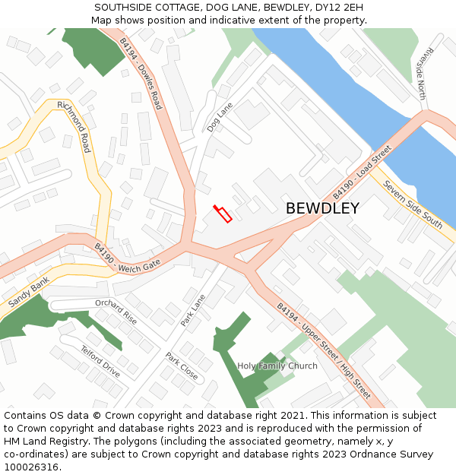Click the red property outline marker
point(223,214)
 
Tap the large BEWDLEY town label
point(322,208)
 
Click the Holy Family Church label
point(277,366)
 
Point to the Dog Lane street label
point(220,118)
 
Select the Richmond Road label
point(74,126)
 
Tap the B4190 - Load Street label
point(362,173)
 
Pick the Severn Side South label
point(412,204)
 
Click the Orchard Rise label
point(116,312)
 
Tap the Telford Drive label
point(100,361)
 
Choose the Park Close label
point(182,366)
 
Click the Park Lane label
point(193,311)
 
